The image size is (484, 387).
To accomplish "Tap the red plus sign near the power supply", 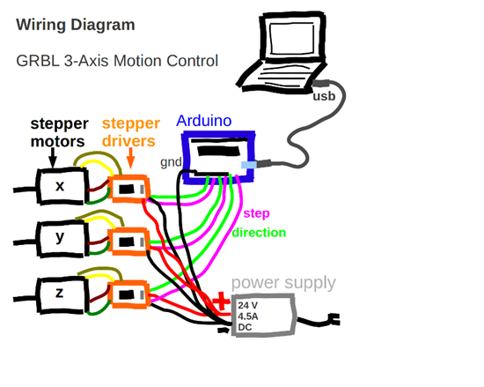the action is [x=221, y=301].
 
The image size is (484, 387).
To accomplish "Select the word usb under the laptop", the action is [x=324, y=96].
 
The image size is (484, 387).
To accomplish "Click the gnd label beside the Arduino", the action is [x=171, y=162].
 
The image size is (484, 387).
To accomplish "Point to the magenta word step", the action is [x=256, y=213].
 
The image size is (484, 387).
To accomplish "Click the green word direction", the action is [x=259, y=233].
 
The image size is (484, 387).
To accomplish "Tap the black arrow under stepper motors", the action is [x=53, y=158].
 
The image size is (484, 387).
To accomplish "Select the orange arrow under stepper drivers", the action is [x=130, y=159].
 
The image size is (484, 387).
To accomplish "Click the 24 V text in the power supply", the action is [x=247, y=305].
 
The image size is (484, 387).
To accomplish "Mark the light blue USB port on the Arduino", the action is [x=249, y=165].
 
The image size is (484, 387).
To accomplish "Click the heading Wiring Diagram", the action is [x=76, y=25].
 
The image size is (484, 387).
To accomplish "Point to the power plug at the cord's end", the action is [x=334, y=319].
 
